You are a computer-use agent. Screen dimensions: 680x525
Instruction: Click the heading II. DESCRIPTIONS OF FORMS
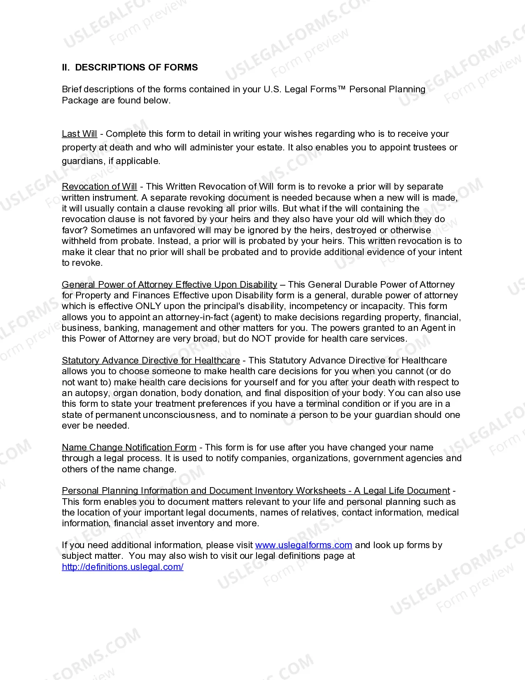coord(130,68)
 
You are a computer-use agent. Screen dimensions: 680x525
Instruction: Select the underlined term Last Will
coord(79,134)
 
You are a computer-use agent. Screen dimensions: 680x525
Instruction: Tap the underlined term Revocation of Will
coord(99,187)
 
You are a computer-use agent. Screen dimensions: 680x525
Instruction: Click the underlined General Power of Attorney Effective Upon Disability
coord(169,285)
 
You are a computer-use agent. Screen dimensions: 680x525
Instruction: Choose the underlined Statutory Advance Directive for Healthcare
coord(151,361)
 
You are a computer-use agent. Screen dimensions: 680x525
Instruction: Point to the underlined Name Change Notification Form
coord(129,448)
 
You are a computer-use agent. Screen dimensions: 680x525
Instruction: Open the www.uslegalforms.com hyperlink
coord(303,545)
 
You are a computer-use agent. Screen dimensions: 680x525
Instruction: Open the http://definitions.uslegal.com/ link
coord(123,567)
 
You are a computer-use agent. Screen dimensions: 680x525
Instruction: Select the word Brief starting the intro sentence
coord(71,89)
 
